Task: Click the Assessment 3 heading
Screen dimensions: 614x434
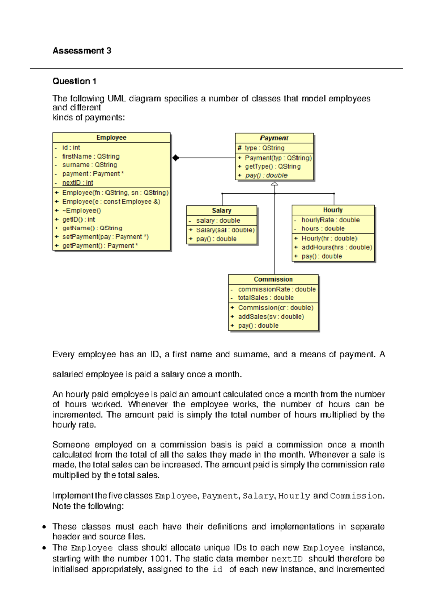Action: pos(82,51)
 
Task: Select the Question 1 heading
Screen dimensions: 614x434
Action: pos(74,81)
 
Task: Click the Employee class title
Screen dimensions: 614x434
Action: pos(111,138)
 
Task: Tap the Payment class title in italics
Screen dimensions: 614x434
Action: pos(274,138)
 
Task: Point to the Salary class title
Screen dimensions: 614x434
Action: pos(221,210)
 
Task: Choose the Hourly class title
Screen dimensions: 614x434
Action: pos(333,210)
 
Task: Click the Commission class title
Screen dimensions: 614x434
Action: pos(273,279)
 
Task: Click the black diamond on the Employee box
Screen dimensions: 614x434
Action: pos(176,158)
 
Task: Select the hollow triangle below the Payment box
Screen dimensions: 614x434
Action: pos(275,184)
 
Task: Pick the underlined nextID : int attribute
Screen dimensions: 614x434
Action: pos(77,183)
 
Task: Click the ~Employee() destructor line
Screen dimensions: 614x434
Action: pos(81,210)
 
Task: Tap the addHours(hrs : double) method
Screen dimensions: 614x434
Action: pos(336,247)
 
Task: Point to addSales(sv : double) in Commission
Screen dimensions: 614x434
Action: pos(271,316)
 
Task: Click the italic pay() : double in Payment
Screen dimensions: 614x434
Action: pos(266,175)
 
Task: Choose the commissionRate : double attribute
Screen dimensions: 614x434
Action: pos(276,289)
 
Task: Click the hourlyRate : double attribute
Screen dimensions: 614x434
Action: pos(330,220)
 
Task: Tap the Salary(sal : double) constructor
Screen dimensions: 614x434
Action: pos(225,230)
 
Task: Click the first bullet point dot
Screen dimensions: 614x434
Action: pos(44,527)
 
